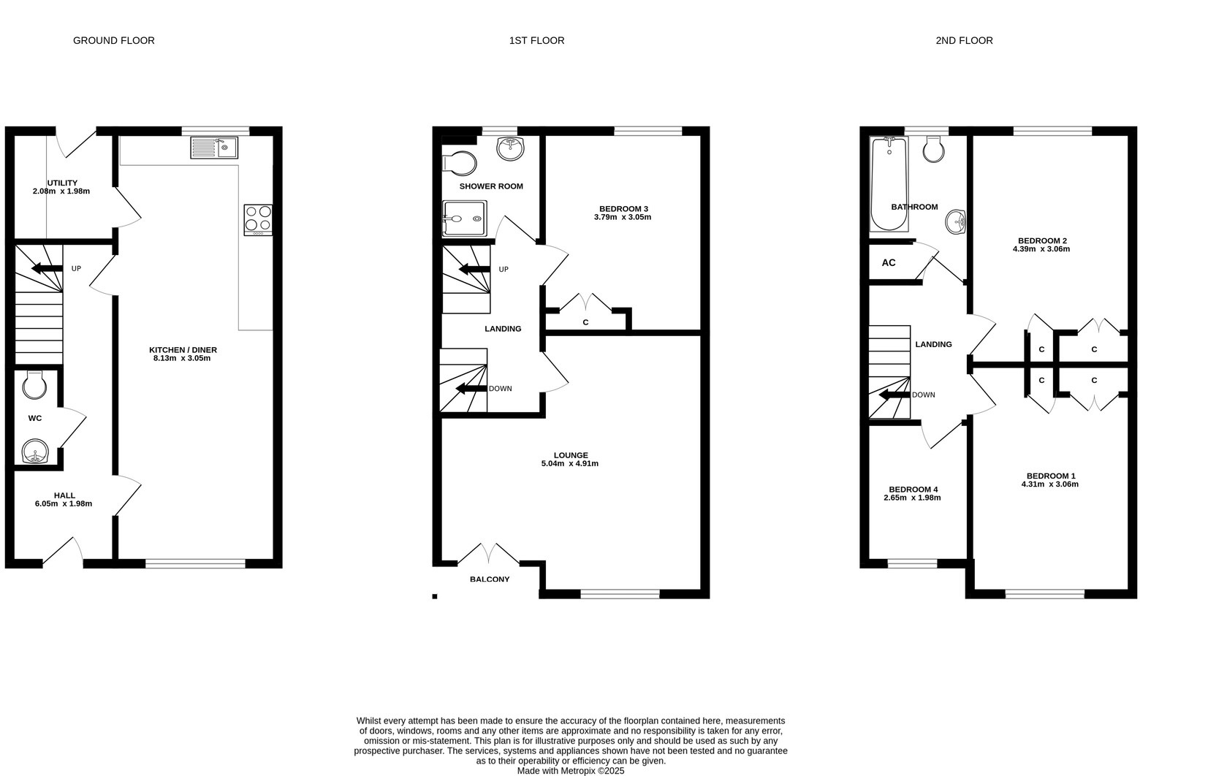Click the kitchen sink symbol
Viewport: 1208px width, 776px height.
point(214,148)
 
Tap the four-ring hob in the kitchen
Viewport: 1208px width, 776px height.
point(258,219)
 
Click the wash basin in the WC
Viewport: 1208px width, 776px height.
point(34,452)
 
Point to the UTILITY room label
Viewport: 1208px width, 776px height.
point(62,183)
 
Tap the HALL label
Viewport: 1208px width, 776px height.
point(64,495)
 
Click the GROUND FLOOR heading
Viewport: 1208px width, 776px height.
point(114,40)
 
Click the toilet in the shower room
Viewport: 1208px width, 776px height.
point(460,163)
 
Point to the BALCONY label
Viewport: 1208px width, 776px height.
point(490,579)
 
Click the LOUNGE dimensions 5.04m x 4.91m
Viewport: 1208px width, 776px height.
point(570,463)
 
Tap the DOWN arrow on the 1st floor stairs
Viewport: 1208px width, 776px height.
point(471,389)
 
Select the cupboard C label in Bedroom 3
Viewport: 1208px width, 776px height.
point(585,322)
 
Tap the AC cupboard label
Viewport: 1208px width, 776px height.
point(889,263)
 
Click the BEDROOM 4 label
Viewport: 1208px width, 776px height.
point(913,490)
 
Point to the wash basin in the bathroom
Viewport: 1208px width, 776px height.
point(955,221)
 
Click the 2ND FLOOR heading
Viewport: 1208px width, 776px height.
point(964,40)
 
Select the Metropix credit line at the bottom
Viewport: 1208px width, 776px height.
point(571,770)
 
